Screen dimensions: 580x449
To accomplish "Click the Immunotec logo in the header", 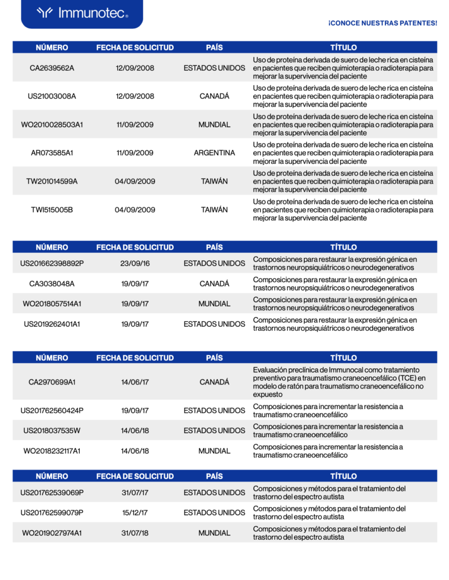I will [82, 13].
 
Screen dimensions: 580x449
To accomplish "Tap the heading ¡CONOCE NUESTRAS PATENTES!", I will [382, 23].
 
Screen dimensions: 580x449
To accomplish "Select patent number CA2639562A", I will [52, 68].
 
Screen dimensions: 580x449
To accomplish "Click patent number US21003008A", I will [52, 96].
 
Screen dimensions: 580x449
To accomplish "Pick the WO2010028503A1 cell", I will [52, 125].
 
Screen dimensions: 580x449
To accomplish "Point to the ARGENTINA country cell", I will [215, 153].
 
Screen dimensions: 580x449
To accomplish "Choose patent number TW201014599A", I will [52, 181].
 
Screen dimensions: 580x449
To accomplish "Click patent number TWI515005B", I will [52, 210].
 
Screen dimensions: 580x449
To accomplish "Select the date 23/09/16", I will [135, 263].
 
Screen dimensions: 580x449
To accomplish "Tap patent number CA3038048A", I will [52, 284].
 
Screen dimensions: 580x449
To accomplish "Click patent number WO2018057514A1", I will [52, 304].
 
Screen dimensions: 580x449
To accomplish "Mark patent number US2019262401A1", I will [52, 325].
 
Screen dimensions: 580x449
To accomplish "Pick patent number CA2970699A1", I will [52, 382].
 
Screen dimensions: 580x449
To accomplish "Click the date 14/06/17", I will [135, 382].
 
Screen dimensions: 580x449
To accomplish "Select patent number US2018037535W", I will [52, 431].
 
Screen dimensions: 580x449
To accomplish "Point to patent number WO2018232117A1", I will [52, 451].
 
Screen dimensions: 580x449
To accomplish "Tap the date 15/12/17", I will [135, 513].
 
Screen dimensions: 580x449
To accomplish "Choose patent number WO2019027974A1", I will [52, 534].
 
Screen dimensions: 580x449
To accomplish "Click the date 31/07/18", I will [135, 534].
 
